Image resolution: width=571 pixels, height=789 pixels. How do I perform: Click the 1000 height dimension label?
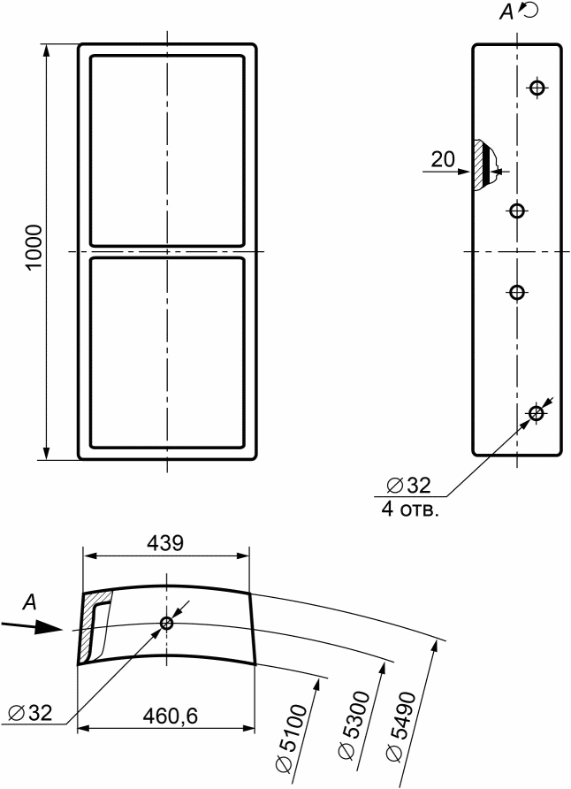point(34,247)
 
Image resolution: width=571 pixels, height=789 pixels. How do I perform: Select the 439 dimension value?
point(165,543)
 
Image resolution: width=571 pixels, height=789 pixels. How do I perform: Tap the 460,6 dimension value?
point(171,715)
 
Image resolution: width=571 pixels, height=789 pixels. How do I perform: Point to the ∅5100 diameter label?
point(292,738)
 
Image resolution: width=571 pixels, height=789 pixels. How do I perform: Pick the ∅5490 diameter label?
point(401,724)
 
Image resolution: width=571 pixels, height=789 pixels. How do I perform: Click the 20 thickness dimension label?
point(443,159)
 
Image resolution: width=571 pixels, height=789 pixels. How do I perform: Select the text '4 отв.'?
point(410,509)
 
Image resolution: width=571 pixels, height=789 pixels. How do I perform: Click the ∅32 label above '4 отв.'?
point(408,485)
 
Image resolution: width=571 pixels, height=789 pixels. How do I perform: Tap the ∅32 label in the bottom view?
point(30,713)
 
